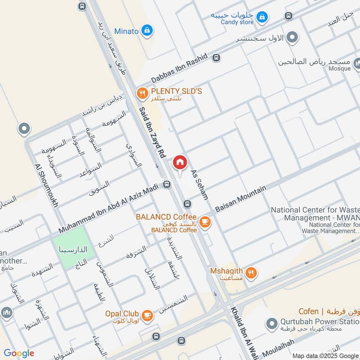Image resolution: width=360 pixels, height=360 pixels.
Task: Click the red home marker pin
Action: [180, 162]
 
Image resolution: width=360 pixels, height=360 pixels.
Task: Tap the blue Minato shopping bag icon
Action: [146, 31]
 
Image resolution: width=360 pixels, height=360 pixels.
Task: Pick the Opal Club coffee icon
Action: [147, 315]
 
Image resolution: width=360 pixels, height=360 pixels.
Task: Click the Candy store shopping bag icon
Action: [262, 18]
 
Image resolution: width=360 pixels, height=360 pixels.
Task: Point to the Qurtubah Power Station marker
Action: [271, 323]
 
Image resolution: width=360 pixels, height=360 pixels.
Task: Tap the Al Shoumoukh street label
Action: [46, 185]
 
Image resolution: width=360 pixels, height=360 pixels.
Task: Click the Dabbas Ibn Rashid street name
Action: [179, 68]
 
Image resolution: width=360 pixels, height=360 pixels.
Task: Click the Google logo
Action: [19, 353]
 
